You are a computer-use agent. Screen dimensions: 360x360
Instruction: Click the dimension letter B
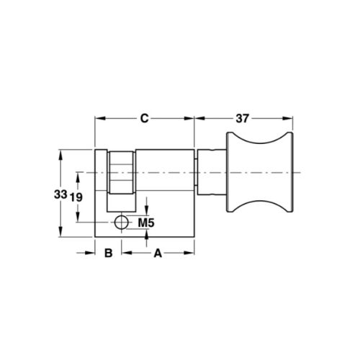click(x=108, y=253)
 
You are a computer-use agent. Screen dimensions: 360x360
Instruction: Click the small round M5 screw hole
click(x=122, y=221)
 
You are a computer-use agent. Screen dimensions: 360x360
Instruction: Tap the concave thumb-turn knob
click(x=261, y=173)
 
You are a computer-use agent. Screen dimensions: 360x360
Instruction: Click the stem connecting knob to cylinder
click(x=212, y=173)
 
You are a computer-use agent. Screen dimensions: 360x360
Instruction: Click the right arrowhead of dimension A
click(x=192, y=253)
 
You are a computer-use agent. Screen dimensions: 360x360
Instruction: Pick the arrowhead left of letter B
click(x=91, y=253)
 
